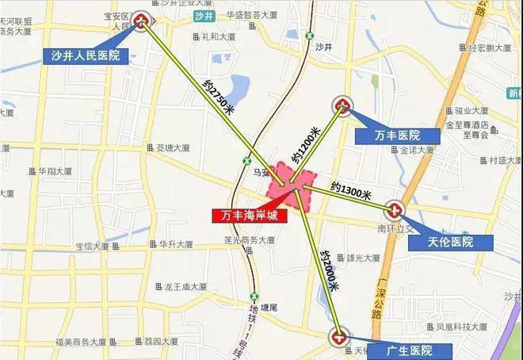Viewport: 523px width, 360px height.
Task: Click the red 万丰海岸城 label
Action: click(x=247, y=214)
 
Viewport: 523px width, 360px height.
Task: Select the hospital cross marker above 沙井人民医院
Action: click(x=143, y=22)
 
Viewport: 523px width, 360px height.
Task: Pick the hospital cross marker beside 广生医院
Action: click(x=339, y=336)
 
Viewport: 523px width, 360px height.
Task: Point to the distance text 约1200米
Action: click(x=307, y=146)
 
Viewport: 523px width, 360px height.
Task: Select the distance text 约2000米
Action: click(x=324, y=270)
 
